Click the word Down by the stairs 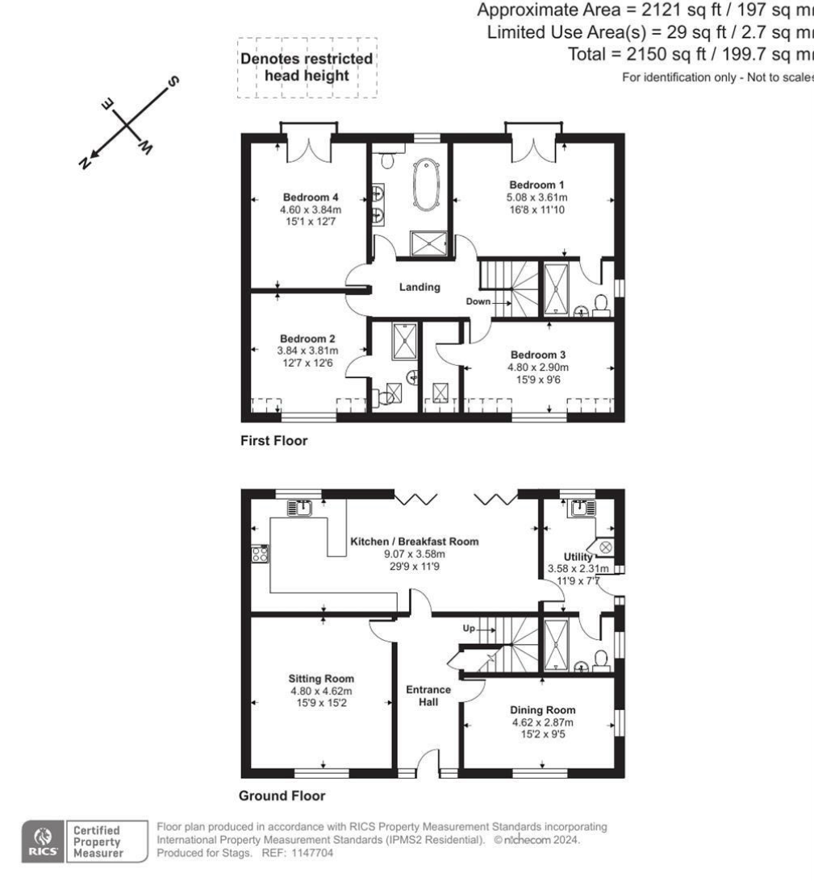pyautogui.click(x=478, y=301)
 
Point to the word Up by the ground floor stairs pyautogui.click(x=469, y=627)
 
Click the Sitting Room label pyautogui.click(x=321, y=678)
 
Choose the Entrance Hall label pyautogui.click(x=428, y=696)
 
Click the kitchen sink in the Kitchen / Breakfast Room pyautogui.click(x=304, y=508)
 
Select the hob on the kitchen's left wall pyautogui.click(x=261, y=554)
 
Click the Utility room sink pyautogui.click(x=580, y=508)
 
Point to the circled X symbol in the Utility pyautogui.click(x=607, y=547)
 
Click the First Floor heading pyautogui.click(x=273, y=441)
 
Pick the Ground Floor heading pyautogui.click(x=282, y=796)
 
